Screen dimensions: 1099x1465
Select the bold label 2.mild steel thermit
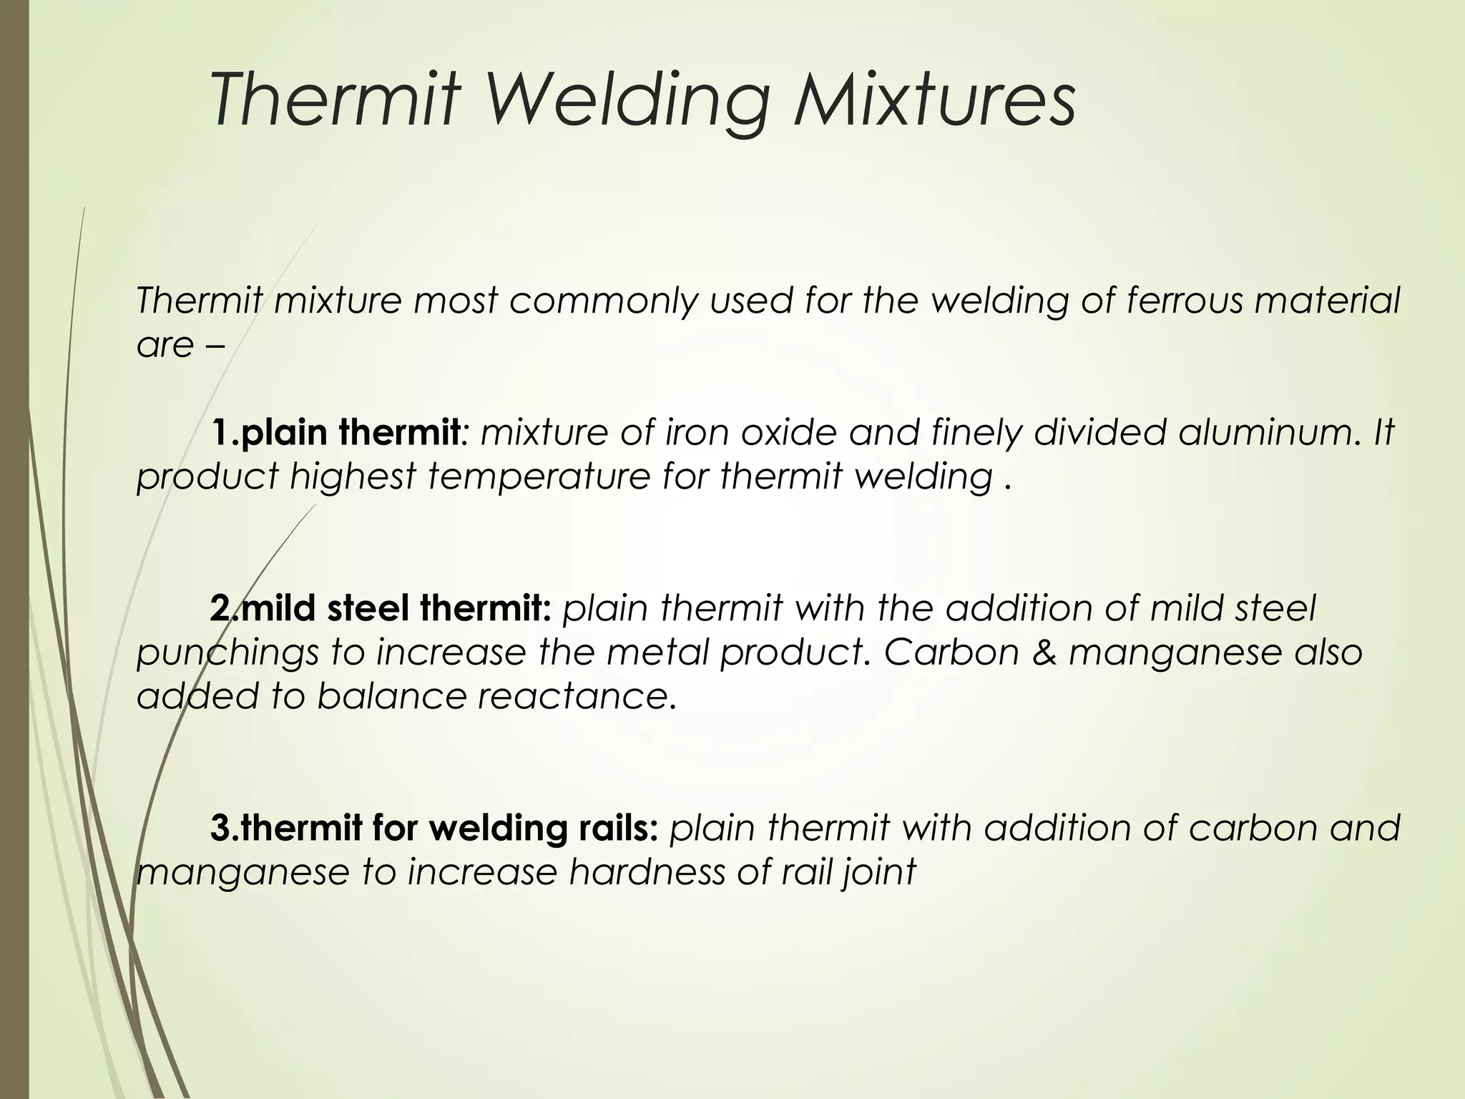(380, 608)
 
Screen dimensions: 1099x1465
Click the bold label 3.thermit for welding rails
(433, 828)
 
